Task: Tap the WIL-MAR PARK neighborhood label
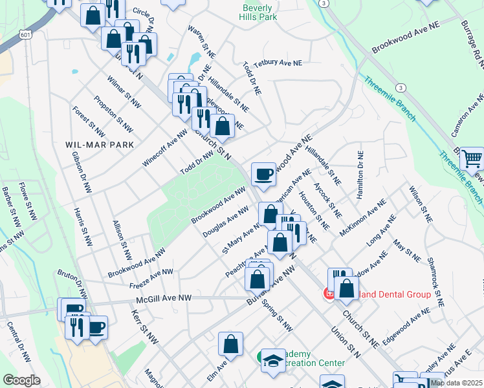click(x=100, y=145)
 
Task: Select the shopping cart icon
click(x=472, y=157)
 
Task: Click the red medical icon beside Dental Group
click(x=329, y=294)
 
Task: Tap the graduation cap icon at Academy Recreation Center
click(x=273, y=360)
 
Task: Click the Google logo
click(x=21, y=380)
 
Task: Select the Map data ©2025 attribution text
click(x=457, y=383)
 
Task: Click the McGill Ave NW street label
click(x=164, y=298)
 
